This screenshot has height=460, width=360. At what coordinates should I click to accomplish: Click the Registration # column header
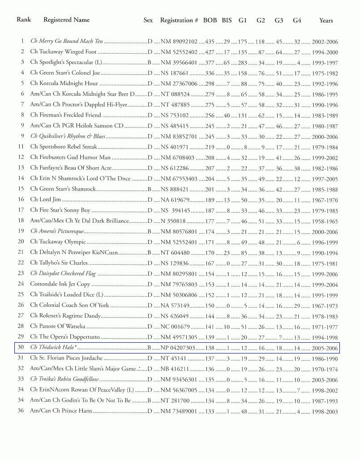pyautogui.click(x=179, y=20)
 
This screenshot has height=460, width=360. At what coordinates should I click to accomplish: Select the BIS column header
pyautogui.click(x=227, y=20)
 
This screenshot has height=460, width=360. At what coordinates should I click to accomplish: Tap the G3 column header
pyautogui.click(x=279, y=20)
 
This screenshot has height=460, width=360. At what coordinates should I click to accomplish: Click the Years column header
pyautogui.click(x=326, y=20)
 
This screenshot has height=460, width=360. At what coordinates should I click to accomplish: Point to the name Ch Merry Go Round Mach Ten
pyautogui.click(x=66, y=41)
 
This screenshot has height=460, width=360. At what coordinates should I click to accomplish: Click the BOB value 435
pyautogui.click(x=210, y=42)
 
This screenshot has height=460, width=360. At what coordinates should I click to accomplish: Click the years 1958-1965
pyautogui.click(x=325, y=221)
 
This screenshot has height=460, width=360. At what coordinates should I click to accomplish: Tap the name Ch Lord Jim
pyautogui.click(x=46, y=200)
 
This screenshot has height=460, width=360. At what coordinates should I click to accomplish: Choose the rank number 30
pyautogui.click(x=21, y=347)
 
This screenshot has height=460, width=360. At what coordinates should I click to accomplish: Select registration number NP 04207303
pyautogui.click(x=178, y=348)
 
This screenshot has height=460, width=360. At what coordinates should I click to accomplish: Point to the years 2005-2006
pyautogui.click(x=325, y=348)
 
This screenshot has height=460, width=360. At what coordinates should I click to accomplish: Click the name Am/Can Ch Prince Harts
pyautogui.click(x=61, y=411)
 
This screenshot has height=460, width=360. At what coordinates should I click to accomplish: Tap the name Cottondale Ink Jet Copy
pyautogui.click(x=60, y=284)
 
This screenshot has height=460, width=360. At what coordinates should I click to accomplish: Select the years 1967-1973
pyautogui.click(x=325, y=306)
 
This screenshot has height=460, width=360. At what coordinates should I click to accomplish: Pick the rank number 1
pyautogui.click(x=21, y=41)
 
